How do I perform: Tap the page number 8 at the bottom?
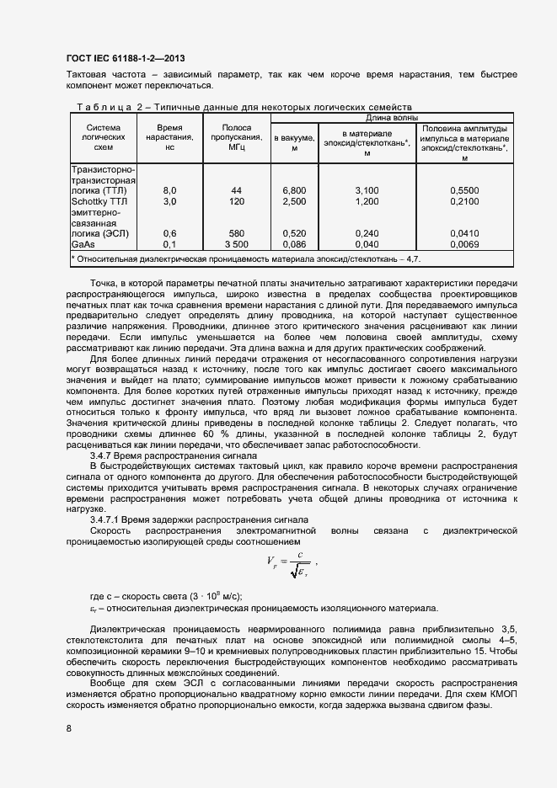point(68,729)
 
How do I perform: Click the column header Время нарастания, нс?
point(169,136)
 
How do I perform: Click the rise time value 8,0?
point(169,191)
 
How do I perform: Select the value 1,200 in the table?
point(367,202)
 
